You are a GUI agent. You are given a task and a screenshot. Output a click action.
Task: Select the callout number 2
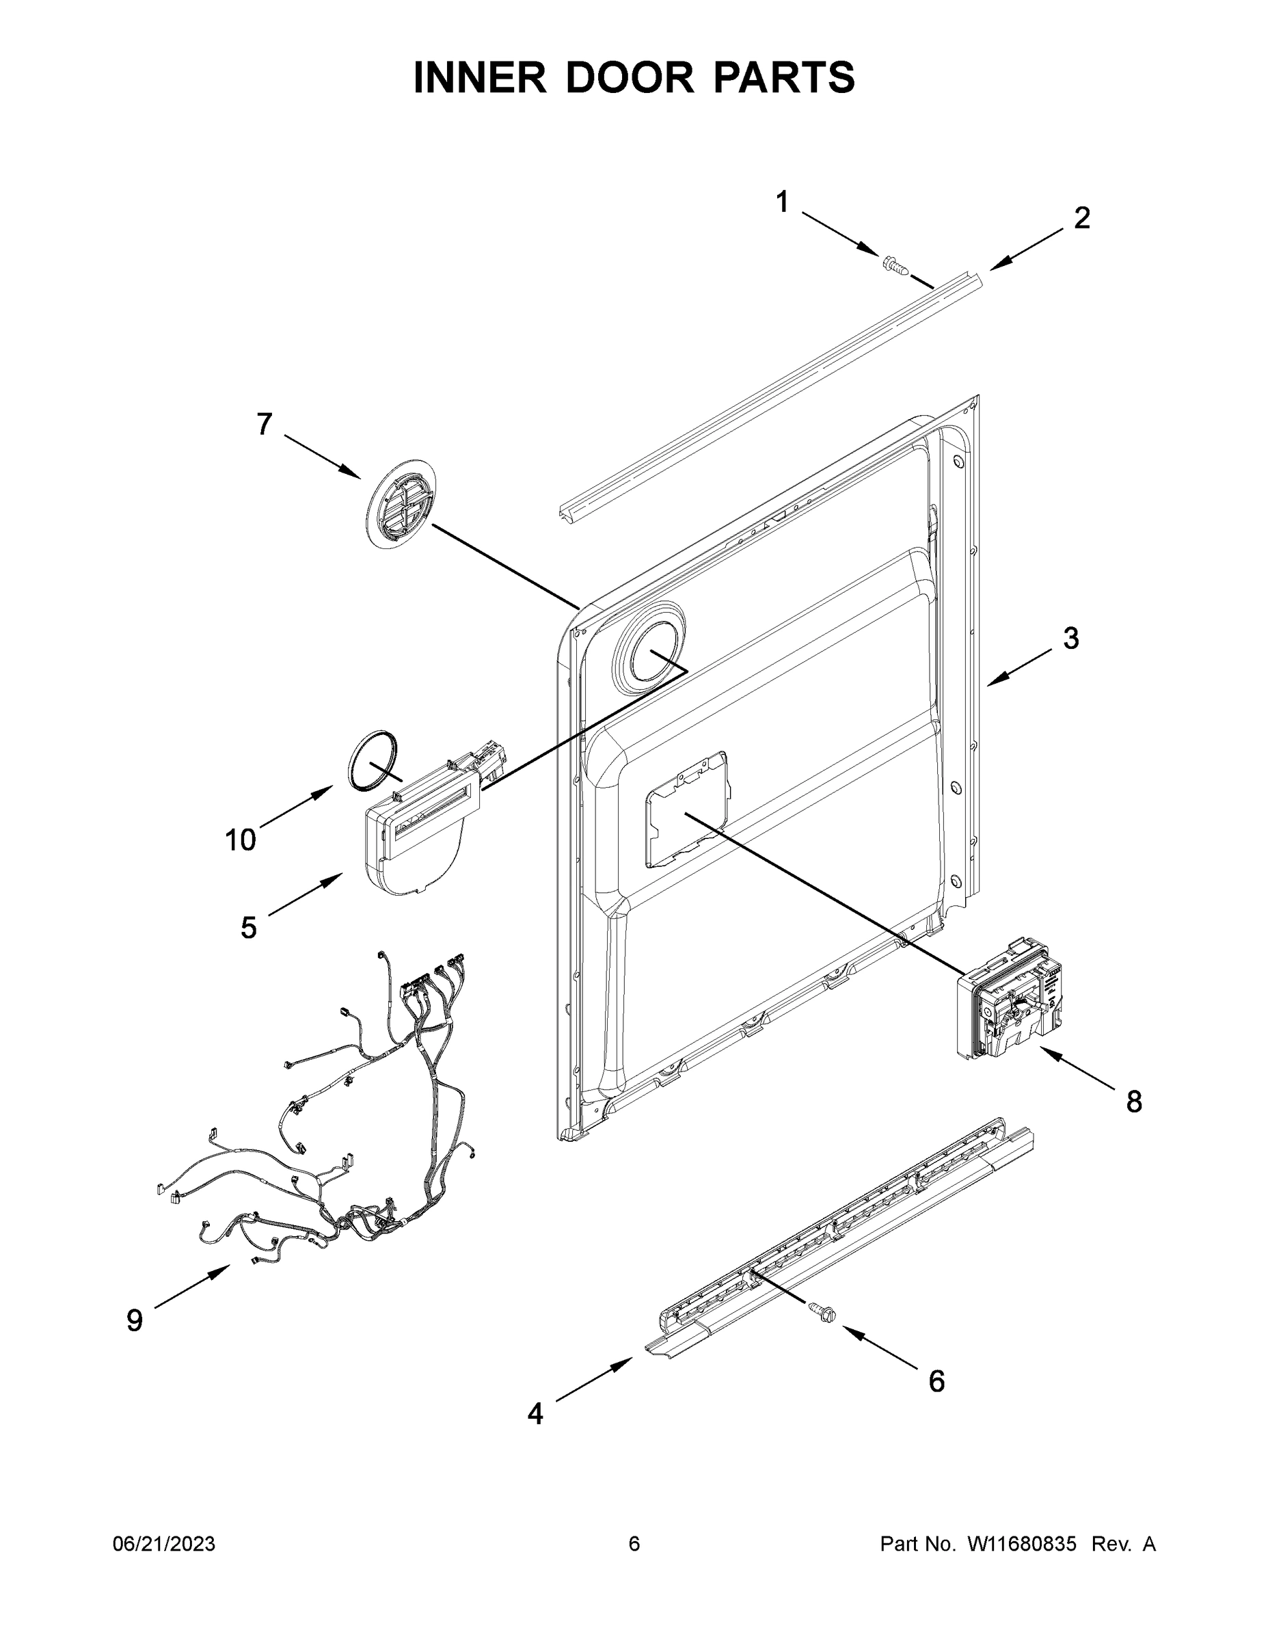1081,218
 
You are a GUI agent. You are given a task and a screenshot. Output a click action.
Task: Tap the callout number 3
1070,639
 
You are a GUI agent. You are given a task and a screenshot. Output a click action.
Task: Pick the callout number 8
1133,1102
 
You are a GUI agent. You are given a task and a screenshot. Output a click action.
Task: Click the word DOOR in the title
630,78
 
